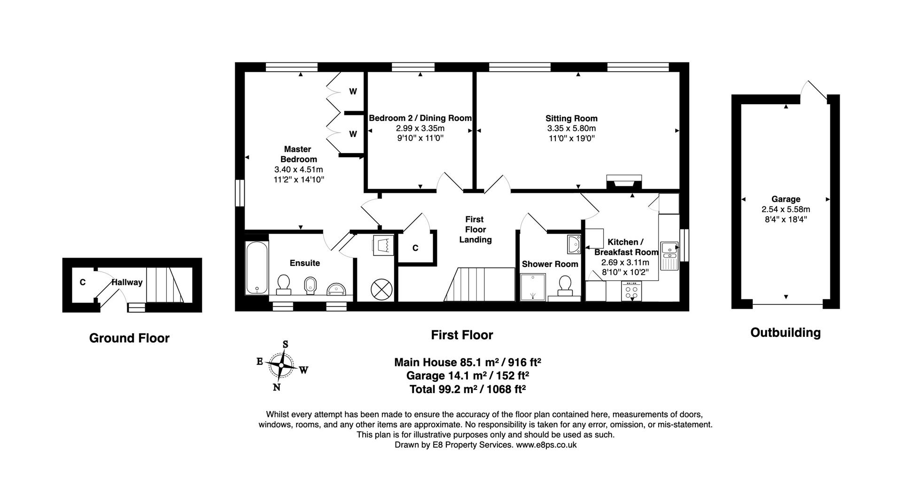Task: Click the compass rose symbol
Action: pyautogui.click(x=281, y=365)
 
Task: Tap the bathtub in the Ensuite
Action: pyautogui.click(x=257, y=268)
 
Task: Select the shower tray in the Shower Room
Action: pyautogui.click(x=533, y=287)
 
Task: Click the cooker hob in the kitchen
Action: pyautogui.click(x=632, y=291)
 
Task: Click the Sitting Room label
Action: pyautogui.click(x=571, y=118)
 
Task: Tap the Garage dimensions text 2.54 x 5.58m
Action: pyautogui.click(x=785, y=209)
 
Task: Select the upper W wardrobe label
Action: pyautogui.click(x=353, y=91)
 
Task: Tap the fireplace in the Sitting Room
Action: pyautogui.click(x=624, y=182)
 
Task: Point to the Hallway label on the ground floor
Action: pyautogui.click(x=127, y=282)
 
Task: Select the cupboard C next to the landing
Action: pyautogui.click(x=415, y=248)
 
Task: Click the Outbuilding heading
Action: pyautogui.click(x=785, y=333)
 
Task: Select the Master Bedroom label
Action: pyautogui.click(x=298, y=154)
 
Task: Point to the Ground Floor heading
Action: pyautogui.click(x=129, y=338)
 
